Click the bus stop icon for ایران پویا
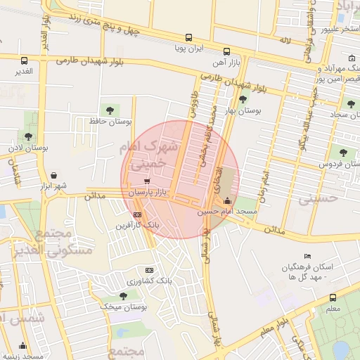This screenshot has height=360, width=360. click(188, 38)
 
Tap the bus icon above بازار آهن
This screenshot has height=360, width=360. click(226, 51)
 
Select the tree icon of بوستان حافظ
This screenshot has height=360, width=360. click(108, 109)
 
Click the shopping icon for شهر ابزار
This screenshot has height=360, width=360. click(54, 174)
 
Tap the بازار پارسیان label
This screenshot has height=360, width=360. click(147, 192)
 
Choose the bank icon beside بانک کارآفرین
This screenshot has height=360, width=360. click(136, 215)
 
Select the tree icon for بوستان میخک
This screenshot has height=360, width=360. click(120, 296)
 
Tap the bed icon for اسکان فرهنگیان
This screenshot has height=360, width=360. click(307, 256)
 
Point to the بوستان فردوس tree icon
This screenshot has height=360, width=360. click(343, 153)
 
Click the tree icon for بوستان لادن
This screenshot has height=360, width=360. click(27, 137)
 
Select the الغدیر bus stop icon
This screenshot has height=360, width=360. click(25, 60)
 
